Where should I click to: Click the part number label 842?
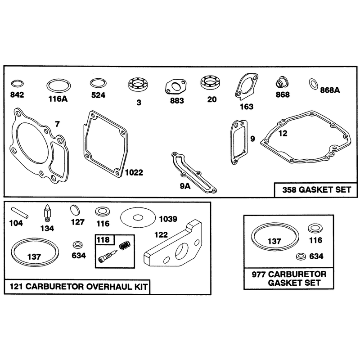click(x=17, y=94)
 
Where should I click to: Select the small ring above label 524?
click(x=98, y=83)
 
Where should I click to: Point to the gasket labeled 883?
click(x=175, y=86)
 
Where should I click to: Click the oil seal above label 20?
click(x=211, y=82)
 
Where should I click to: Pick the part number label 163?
click(x=247, y=107)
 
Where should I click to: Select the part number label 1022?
click(x=134, y=172)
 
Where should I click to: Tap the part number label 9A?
click(x=185, y=186)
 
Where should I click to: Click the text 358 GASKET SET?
click(x=317, y=190)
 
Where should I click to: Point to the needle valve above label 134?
click(x=47, y=213)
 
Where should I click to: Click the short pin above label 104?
click(x=20, y=212)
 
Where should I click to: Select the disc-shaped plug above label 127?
click(x=75, y=210)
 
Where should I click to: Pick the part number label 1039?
click(x=168, y=219)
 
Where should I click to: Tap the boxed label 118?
click(x=103, y=240)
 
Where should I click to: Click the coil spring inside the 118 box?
click(x=125, y=245)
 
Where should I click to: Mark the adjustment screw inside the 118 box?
click(x=108, y=256)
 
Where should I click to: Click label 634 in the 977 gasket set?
click(x=316, y=256)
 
